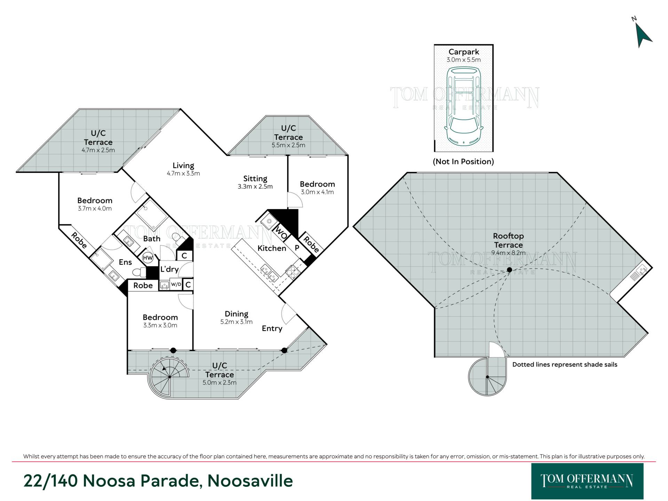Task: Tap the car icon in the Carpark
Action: [463, 106]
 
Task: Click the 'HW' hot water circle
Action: [148, 258]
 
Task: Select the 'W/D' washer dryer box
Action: [176, 284]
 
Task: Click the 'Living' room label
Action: [183, 166]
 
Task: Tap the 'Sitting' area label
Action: [255, 178]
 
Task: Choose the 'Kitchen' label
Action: [272, 248]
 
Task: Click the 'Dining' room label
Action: [237, 314]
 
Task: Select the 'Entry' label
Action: [272, 328]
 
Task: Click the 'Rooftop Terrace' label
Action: [508, 240]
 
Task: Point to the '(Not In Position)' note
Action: [463, 161]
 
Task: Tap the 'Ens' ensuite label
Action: [125, 262]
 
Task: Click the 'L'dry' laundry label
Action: [169, 269]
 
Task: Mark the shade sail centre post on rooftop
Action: [509, 270]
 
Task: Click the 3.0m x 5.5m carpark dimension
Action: [463, 60]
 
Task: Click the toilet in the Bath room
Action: [177, 238]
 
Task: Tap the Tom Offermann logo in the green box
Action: [587, 481]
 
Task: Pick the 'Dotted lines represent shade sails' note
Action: [565, 365]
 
